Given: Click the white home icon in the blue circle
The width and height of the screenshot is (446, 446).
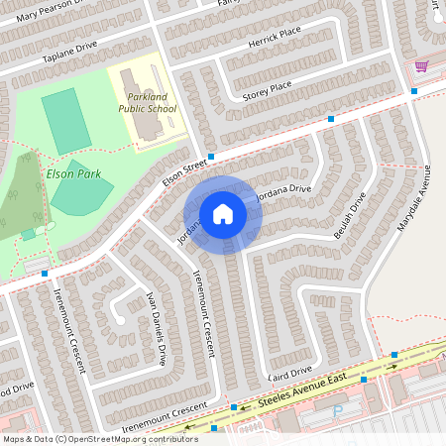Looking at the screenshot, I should [223, 214].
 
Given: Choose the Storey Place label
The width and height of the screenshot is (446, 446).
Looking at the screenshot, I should [267, 92].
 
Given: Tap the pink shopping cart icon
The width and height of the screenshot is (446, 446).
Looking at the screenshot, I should [421, 66].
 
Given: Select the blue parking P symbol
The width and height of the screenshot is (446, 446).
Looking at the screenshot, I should [339, 410].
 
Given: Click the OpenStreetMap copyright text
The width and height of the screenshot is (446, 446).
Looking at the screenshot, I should [100, 438].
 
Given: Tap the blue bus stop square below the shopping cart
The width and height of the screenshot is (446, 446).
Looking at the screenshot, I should [414, 91].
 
